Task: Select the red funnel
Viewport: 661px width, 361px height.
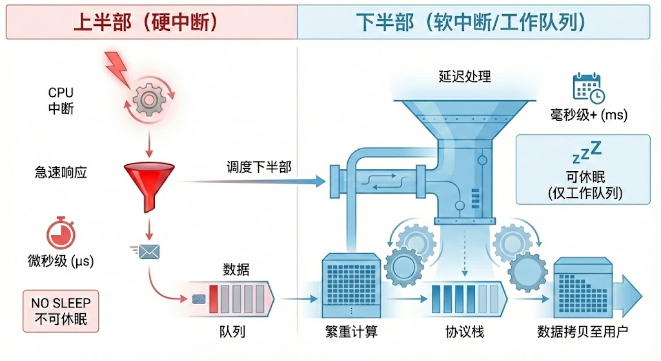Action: point(149,183)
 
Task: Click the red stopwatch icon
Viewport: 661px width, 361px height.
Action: point(61,233)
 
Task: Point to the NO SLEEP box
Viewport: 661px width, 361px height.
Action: point(61,311)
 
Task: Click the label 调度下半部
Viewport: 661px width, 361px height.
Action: point(258,167)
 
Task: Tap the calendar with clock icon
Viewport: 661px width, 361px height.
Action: point(588,88)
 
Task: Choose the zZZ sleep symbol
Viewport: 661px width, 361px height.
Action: point(586,152)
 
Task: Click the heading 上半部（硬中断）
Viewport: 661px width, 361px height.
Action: point(148,22)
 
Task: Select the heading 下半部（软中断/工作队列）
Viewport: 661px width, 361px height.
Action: point(472,22)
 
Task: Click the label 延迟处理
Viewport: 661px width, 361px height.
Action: point(465,76)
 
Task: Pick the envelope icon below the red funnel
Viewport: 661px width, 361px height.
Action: point(149,251)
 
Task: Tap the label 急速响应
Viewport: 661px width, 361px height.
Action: point(61,172)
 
